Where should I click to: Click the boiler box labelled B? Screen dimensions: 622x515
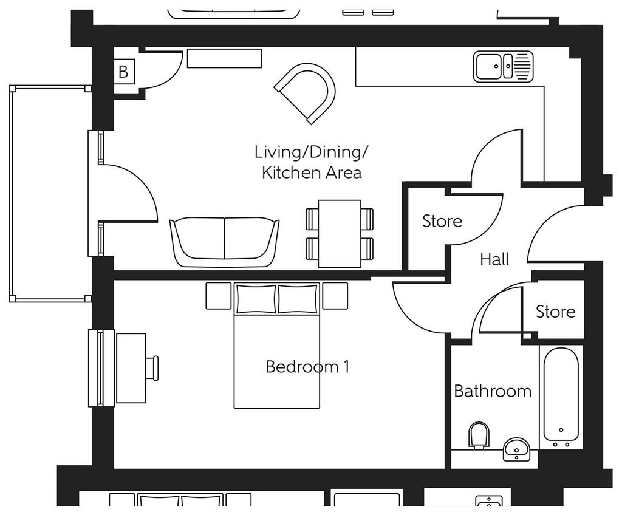(x=124, y=72)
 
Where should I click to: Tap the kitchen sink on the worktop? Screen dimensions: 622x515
(x=503, y=67)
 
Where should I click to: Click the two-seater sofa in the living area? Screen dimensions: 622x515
(x=225, y=242)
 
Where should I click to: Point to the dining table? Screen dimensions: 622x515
(x=340, y=234)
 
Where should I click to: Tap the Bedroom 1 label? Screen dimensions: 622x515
(x=307, y=366)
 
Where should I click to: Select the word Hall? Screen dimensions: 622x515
(x=494, y=259)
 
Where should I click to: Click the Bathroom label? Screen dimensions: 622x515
(x=493, y=391)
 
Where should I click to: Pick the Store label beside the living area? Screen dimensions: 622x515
(x=442, y=221)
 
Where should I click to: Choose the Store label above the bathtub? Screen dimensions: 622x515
(x=555, y=312)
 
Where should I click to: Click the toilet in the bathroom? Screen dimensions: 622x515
(x=479, y=435)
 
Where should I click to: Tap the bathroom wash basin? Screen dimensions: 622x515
(x=516, y=449)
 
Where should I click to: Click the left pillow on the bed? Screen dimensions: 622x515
(x=256, y=299)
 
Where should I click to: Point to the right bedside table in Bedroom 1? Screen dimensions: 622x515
(x=335, y=296)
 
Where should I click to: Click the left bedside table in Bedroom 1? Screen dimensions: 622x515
(x=219, y=296)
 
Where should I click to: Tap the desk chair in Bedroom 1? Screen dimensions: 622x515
(x=152, y=369)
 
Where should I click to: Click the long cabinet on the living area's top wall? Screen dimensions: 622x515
(x=225, y=58)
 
